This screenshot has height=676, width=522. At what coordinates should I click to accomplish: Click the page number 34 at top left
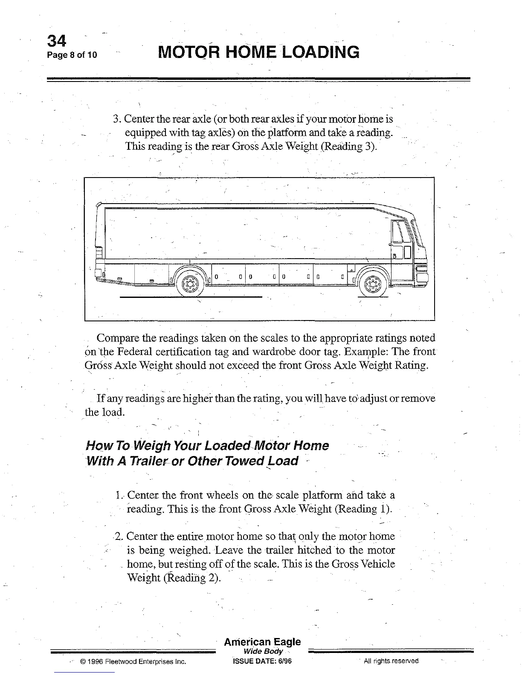[x=57, y=41]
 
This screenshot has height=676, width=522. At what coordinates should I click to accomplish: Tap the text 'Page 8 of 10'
[x=72, y=55]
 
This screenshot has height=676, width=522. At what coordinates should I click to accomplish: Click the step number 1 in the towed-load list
[x=118, y=495]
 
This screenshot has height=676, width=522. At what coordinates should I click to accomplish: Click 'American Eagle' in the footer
[x=262, y=642]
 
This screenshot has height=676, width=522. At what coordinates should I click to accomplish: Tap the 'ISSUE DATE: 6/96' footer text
[x=262, y=661]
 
